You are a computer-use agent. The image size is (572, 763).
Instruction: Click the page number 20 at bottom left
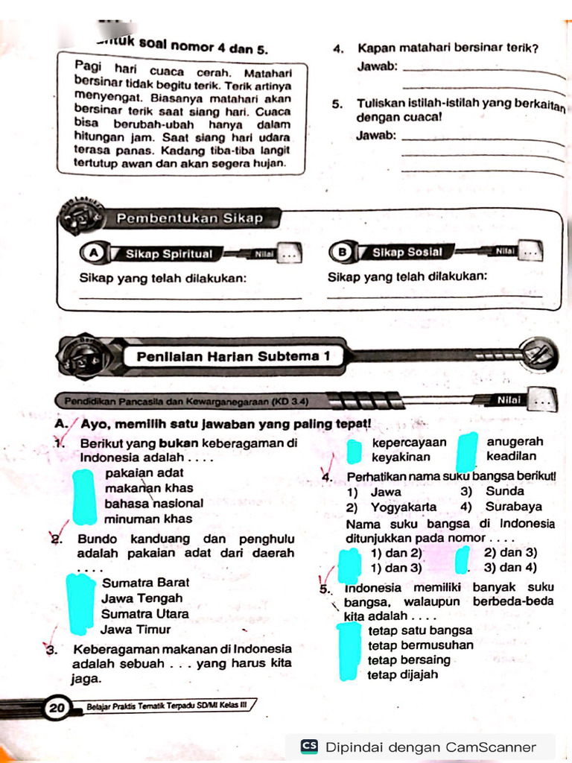pos(57,707)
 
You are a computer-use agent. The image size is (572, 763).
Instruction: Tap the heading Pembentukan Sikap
pos(189,218)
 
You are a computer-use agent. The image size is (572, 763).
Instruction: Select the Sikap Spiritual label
pos(168,254)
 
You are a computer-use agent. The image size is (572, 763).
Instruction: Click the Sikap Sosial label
pos(407,253)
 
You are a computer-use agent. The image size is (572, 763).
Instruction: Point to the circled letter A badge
pos(94,253)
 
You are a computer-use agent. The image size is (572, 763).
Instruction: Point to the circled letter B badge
pos(343,253)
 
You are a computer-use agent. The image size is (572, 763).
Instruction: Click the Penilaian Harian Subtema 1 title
pos(233,356)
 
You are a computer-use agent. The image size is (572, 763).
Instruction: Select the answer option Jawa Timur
pos(136,629)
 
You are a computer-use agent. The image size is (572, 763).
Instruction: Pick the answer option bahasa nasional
pos(154,503)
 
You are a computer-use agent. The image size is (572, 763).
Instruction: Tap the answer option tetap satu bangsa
pos(420,630)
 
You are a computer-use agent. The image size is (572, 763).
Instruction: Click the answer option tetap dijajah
pos(402,675)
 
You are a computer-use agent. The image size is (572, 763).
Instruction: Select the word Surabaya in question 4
pos(513,507)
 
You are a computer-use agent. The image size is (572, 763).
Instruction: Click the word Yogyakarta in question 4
pos(403,507)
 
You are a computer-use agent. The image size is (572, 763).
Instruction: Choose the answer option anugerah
pos(515,442)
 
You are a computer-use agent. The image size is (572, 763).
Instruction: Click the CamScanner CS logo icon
pos(309,747)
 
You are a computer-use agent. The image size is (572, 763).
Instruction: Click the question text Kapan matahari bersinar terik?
pos(448,49)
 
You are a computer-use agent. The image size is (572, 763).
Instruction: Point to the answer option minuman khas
pos(148,519)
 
